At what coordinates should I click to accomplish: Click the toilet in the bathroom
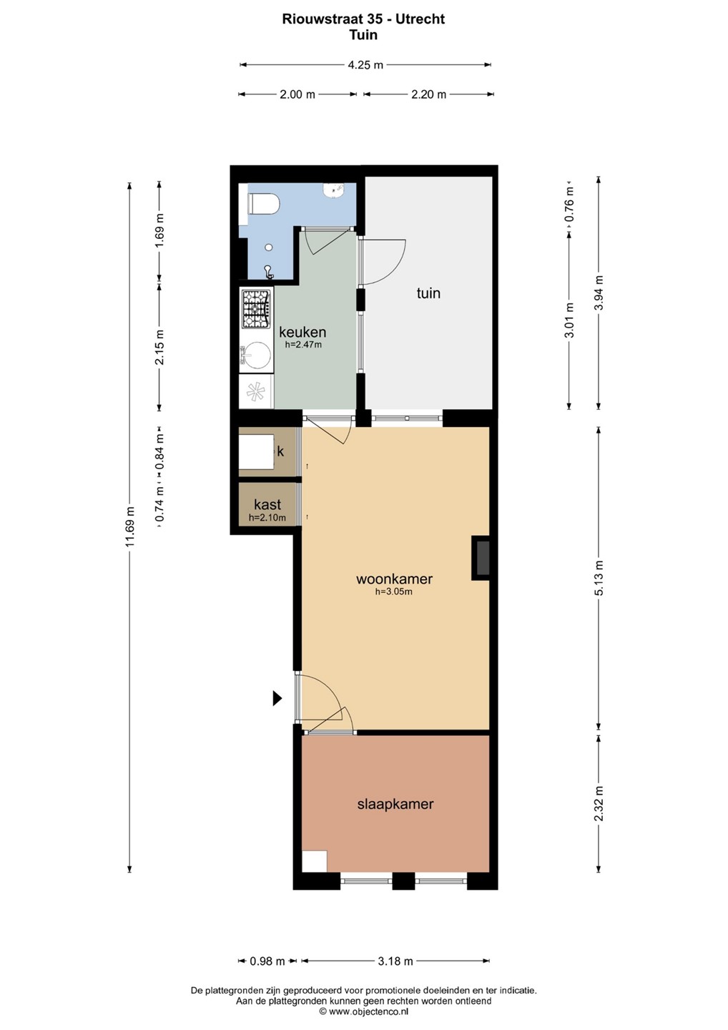point(263,203)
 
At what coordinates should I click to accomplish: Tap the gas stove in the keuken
point(255,309)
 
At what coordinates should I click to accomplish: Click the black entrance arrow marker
point(277,698)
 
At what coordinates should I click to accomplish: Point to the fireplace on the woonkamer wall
point(481,557)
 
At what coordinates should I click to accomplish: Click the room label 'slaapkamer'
point(395,804)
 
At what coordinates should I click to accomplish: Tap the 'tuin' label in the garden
point(428,293)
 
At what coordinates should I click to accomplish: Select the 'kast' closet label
point(267,504)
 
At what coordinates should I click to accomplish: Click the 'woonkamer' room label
point(394,579)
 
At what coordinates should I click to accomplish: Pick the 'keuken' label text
point(302,332)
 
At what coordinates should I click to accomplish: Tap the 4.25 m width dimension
point(365,65)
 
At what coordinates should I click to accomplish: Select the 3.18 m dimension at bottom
point(395,961)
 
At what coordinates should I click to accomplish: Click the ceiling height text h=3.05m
point(393,592)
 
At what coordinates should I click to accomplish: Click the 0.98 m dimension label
point(267,961)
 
